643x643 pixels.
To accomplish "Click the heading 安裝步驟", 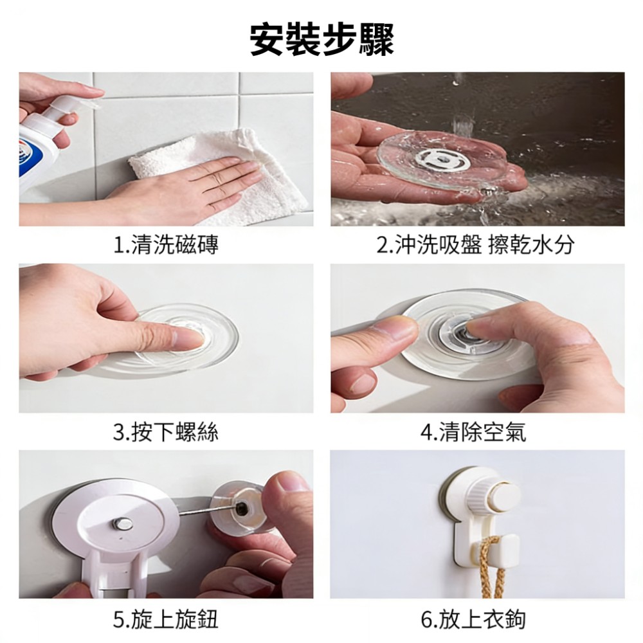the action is [321, 40].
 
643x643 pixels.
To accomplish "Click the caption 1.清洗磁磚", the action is [166, 245].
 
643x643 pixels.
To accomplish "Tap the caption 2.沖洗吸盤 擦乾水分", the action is [475, 245].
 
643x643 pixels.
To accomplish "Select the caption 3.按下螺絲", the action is [166, 432].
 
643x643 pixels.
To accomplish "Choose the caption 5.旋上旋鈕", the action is [166, 619].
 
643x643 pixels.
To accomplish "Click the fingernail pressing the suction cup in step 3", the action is [189, 338].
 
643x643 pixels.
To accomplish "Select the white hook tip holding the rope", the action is [504, 554].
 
